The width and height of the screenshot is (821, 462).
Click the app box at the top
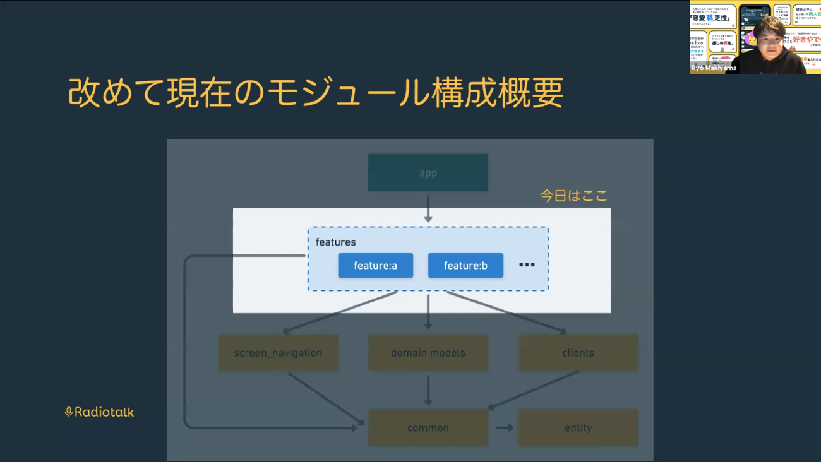coord(428,172)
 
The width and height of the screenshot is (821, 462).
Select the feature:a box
coord(375,266)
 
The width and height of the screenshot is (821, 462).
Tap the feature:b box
coord(465,266)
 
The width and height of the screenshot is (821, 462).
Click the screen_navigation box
coord(278,353)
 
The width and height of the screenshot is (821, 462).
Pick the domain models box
coord(428,353)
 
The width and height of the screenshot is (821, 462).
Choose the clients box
coord(578,353)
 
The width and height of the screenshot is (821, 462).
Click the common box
coord(428,428)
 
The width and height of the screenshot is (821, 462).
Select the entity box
coord(578,428)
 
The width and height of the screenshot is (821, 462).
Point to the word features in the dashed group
coord(335,242)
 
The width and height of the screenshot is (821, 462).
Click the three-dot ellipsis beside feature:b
coord(527,265)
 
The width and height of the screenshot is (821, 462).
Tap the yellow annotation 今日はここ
coord(573,196)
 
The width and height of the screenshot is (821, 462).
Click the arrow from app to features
coord(428,208)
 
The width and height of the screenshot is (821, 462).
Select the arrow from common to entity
coord(504,428)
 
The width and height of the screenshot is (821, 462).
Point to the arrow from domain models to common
coord(428,390)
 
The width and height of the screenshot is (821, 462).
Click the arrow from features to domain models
coord(428,311)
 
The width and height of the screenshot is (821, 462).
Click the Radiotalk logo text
coord(104,412)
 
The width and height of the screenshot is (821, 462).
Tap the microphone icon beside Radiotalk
coord(69,412)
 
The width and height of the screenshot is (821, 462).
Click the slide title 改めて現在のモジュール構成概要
coord(315,93)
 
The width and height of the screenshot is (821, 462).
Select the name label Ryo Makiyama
coord(714,68)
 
